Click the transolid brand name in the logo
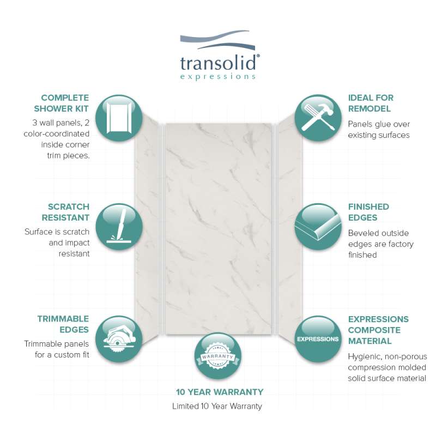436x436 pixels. [x=218, y=63]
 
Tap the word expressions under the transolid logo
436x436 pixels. [x=217, y=77]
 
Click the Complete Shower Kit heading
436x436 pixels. [x=61, y=103]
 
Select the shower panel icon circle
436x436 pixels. [x=119, y=118]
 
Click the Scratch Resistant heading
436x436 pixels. [x=65, y=212]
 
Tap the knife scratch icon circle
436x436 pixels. [x=119, y=227]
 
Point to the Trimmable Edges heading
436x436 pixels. [x=63, y=324]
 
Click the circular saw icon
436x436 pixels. [x=119, y=339]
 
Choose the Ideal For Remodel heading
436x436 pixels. [x=371, y=103]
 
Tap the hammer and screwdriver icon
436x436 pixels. [x=318, y=118]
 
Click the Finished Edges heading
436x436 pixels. [x=368, y=212]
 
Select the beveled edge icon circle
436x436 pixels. [x=318, y=227]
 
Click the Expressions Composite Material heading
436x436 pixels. [x=378, y=330]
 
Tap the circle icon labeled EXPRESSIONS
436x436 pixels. [x=318, y=339]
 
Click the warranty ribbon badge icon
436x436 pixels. [x=217, y=356]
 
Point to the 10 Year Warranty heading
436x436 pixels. [x=220, y=392]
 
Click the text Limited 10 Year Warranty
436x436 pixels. [x=217, y=406]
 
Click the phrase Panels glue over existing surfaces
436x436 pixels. [x=379, y=130]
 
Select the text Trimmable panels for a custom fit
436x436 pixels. [x=57, y=349]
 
